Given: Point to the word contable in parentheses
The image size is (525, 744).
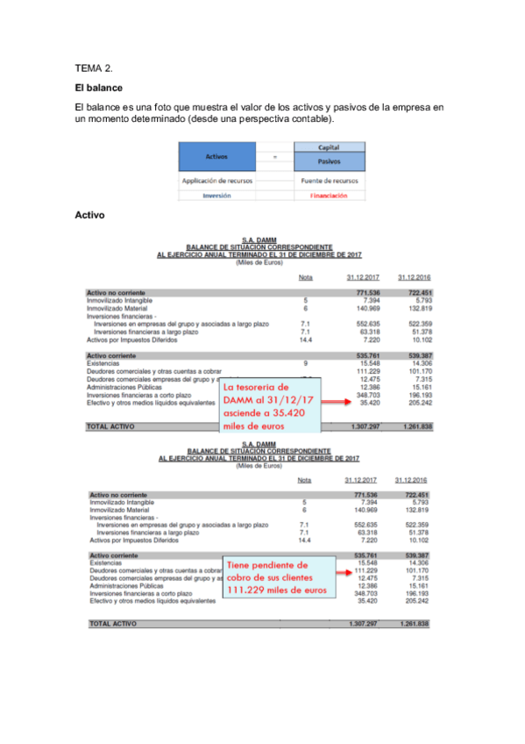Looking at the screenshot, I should click(311, 119).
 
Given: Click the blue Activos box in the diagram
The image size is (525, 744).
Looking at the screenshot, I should click(216, 157).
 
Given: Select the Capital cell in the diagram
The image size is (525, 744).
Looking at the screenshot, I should click(330, 147).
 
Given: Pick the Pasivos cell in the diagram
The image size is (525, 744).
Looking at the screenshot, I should click(330, 161).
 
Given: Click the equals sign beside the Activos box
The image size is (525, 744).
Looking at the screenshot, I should click(275, 157).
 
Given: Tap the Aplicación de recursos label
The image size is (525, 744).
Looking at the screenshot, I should click(217, 181).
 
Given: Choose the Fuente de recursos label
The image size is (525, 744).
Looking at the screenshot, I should click(330, 181).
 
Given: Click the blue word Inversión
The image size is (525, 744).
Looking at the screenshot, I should click(216, 196).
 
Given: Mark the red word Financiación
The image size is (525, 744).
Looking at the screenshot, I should click(330, 196).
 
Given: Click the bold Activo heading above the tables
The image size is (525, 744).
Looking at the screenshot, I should click(90, 214).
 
